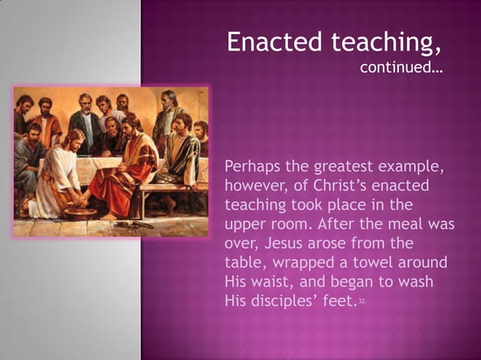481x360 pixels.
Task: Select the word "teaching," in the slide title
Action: [388, 44]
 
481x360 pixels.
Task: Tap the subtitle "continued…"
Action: [400, 69]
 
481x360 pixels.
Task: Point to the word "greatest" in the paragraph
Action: [351, 166]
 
